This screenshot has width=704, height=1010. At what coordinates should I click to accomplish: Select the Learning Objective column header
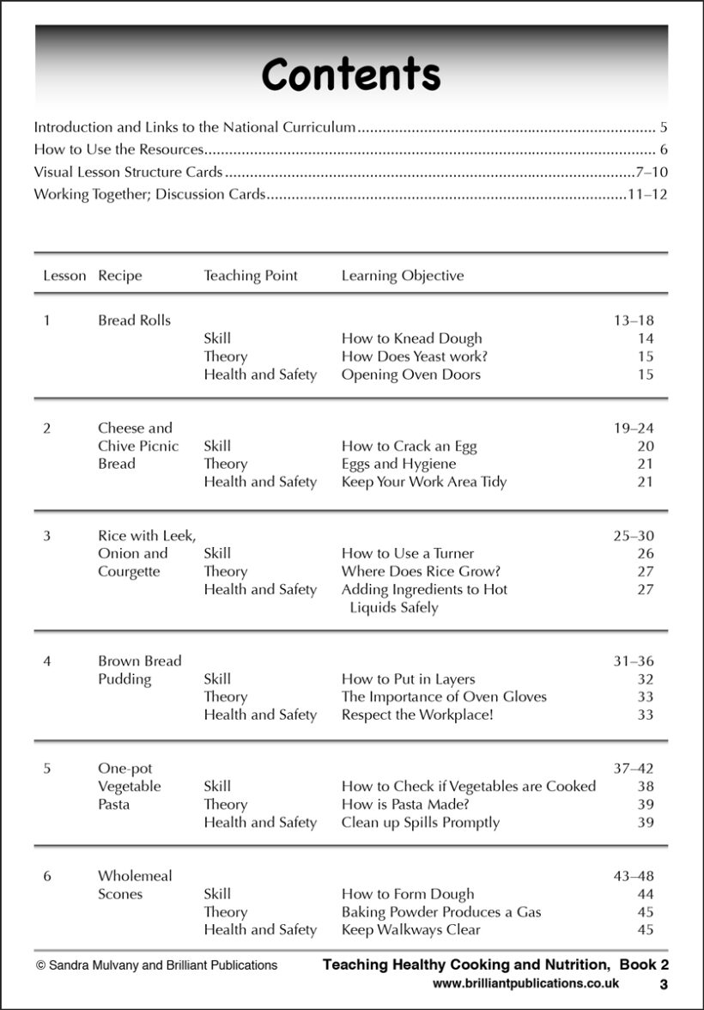point(402,276)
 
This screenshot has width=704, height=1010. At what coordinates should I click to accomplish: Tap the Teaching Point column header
point(250,276)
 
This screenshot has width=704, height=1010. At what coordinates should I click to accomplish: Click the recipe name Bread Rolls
point(134,320)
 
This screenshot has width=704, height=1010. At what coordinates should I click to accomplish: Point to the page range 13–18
point(633,320)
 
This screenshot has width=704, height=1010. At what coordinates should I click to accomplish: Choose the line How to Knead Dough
point(411,338)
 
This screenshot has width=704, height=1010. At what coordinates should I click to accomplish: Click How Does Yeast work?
point(414,356)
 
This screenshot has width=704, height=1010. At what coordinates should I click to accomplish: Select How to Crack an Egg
point(409,446)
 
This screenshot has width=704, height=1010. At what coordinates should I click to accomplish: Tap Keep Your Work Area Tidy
point(423,482)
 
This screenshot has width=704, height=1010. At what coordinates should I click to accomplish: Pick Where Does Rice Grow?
point(421,571)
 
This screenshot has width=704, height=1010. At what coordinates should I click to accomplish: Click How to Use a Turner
point(407,553)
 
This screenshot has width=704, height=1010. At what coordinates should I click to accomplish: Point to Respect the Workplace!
point(417,715)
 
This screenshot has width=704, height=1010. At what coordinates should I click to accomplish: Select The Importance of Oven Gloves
point(444,697)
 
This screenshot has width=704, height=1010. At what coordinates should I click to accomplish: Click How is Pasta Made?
point(405,804)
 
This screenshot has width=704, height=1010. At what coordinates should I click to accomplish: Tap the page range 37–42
point(633,769)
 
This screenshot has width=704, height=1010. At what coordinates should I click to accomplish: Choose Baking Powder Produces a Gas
point(441,912)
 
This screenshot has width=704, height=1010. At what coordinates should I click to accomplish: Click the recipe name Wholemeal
point(135,876)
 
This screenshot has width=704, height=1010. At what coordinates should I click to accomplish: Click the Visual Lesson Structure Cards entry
point(128,173)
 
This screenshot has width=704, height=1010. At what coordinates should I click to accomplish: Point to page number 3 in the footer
point(664,984)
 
